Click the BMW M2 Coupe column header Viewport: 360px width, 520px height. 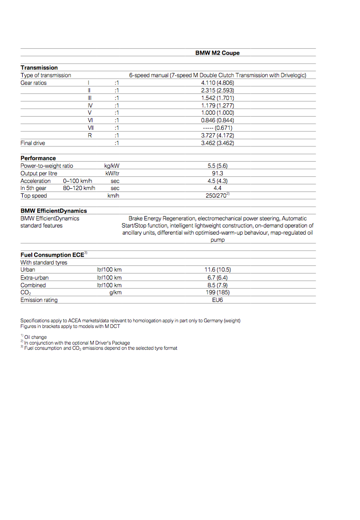coord(217,53)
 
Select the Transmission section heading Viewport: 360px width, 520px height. coord(39,68)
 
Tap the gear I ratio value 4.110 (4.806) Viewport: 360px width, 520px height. coord(217,83)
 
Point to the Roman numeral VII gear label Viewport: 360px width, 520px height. coord(90,128)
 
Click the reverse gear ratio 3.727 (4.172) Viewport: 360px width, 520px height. coord(217,136)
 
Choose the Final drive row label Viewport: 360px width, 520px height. coord(33,143)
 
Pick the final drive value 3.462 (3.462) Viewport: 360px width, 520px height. coord(217,143)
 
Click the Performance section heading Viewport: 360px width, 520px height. coord(38,158)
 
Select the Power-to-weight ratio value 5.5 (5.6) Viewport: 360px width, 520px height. coord(217,166)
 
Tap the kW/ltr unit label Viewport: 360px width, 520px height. coord(112,173)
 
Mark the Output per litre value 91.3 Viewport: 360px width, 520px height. coord(217,173)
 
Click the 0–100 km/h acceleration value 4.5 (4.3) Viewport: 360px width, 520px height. coord(217,181)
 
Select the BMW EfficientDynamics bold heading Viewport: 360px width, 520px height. coord(54,211)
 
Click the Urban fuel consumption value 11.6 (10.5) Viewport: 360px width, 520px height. coord(217,270)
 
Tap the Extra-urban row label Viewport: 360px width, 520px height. coord(34,278)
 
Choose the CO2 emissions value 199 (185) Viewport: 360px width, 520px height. coord(217,292)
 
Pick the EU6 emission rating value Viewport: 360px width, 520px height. coord(217,300)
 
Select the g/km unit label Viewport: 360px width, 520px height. coord(115,292)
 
